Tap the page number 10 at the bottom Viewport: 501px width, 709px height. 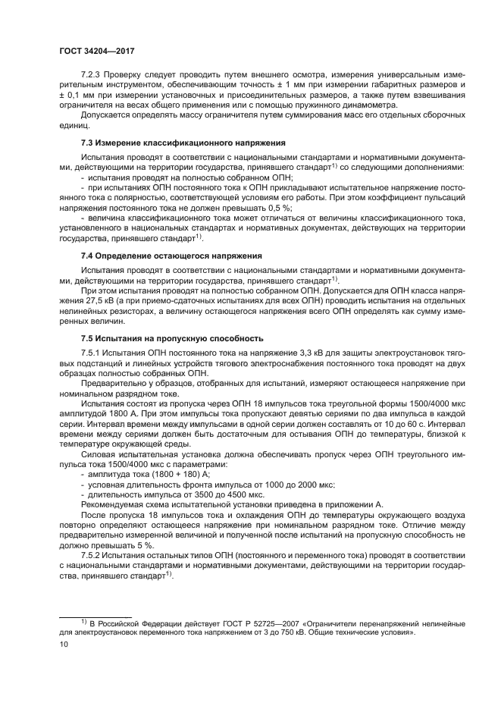[64, 645]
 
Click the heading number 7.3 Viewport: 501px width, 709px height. [89, 142]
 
